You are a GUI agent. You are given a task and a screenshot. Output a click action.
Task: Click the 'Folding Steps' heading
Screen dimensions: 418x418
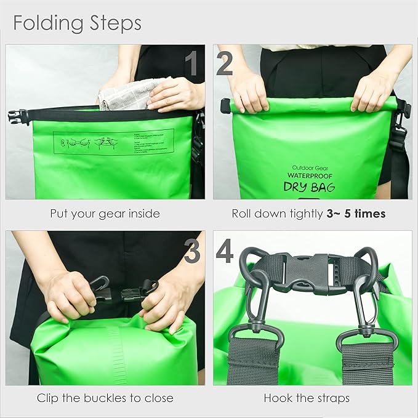click(77, 23)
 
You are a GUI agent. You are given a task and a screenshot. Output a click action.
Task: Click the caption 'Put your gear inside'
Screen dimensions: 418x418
click(105, 214)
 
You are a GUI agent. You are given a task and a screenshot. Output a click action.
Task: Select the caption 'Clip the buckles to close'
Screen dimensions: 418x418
click(105, 398)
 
